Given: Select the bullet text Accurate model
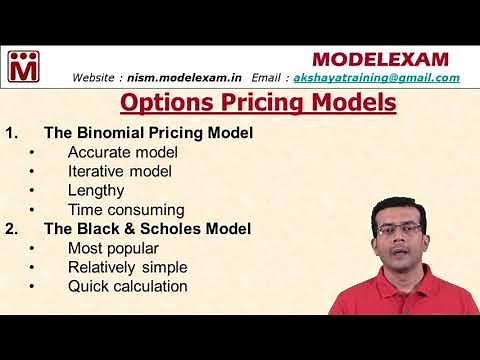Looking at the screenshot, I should tap(123, 152).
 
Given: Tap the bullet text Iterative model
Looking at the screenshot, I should tap(120, 171).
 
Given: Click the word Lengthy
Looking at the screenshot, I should tap(96, 190).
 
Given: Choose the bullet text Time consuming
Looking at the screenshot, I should tap(126, 209).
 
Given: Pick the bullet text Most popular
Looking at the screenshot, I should tap(112, 247).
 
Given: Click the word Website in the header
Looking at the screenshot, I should tap(98, 77).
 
